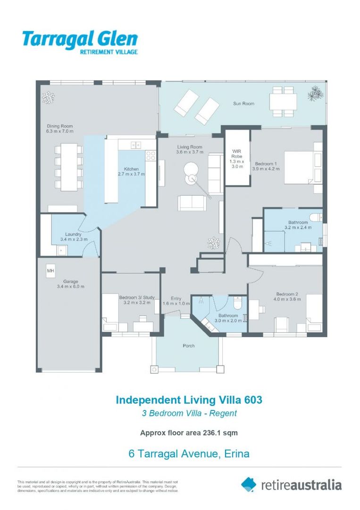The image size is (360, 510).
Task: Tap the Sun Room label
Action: pyautogui.click(x=243, y=103)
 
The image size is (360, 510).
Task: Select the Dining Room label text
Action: pyautogui.click(x=59, y=126)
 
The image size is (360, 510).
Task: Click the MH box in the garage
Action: pyautogui.click(x=50, y=271)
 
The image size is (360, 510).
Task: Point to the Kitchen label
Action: pyautogui.click(x=131, y=169)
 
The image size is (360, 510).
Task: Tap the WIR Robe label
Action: pyautogui.click(x=236, y=155)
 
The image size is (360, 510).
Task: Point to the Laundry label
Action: pyautogui.click(x=74, y=234)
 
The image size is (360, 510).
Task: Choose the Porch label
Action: pyautogui.click(x=188, y=346)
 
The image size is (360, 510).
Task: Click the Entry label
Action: pyautogui.click(x=176, y=298)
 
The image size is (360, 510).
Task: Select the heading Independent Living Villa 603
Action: pyautogui.click(x=189, y=399)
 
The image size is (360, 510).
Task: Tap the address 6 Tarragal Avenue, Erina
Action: pyautogui.click(x=189, y=454)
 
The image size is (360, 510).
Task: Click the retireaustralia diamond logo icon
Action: pyautogui.click(x=249, y=484)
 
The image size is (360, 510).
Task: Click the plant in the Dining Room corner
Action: pyautogui.click(x=48, y=97)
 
